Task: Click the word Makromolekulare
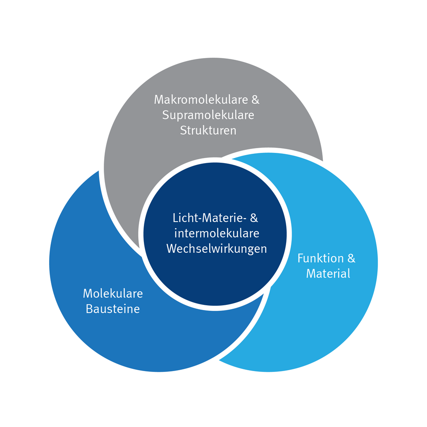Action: pos(200,100)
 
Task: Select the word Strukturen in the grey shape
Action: pos(208,130)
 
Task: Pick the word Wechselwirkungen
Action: pos(216,249)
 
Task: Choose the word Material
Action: pos(328,273)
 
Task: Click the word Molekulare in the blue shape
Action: pos(113,293)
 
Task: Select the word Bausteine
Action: pos(113,309)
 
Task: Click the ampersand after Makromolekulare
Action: pos(255,100)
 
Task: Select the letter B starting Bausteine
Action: pos(89,309)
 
